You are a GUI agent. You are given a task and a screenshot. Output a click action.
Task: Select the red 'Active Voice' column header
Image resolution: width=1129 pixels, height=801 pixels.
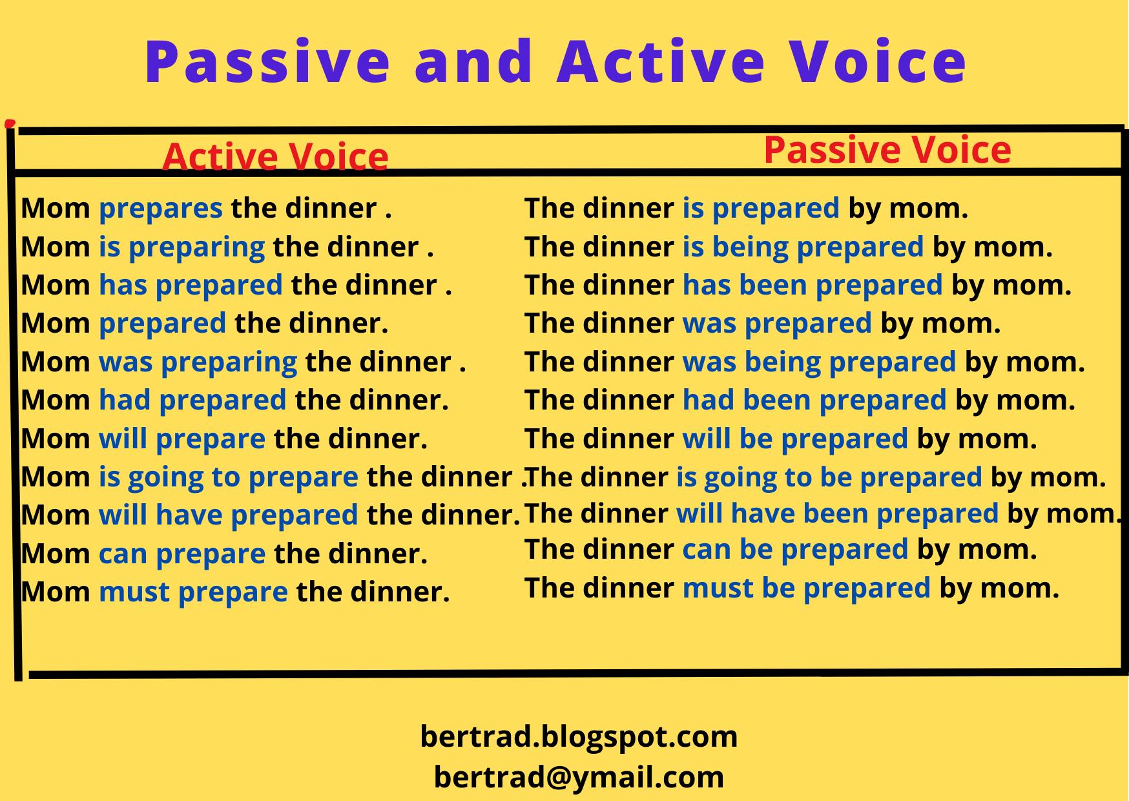pos(276,156)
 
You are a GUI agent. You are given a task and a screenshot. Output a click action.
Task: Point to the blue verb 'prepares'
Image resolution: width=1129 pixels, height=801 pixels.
pos(161,209)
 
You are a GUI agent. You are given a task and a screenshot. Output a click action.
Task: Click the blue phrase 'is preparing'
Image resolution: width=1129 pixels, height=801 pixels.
pos(182,247)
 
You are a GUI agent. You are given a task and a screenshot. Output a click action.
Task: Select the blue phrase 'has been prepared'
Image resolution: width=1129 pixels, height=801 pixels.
pos(813,285)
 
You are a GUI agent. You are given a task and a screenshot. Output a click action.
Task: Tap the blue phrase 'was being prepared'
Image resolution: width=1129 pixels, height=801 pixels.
pos(819,362)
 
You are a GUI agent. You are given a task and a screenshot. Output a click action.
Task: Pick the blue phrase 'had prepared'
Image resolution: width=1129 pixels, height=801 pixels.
pos(192,400)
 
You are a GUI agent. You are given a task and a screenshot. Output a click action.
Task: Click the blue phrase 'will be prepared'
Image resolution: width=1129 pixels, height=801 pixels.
pos(795,439)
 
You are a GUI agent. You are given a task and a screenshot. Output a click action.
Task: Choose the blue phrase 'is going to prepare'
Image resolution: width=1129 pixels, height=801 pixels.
pos(229,477)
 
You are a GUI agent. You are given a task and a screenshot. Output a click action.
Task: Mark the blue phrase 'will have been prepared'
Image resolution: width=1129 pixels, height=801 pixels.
pos(838,514)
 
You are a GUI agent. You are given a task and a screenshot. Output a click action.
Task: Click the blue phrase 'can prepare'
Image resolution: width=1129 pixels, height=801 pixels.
pos(182,554)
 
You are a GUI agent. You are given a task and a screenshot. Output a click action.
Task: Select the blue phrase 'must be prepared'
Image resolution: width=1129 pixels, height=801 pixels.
pos(807,588)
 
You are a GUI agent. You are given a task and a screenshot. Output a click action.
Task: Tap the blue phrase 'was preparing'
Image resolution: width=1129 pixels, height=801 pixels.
pos(198,362)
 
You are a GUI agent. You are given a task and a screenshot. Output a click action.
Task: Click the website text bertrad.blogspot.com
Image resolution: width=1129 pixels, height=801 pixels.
pos(579,736)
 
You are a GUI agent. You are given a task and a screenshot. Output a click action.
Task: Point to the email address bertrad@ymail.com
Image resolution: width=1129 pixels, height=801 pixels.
pos(579,776)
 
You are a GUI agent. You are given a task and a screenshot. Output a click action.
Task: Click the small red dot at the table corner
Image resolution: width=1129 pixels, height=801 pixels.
pos(9,123)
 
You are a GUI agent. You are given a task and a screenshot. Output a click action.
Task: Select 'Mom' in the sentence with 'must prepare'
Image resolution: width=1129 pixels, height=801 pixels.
pos(56,592)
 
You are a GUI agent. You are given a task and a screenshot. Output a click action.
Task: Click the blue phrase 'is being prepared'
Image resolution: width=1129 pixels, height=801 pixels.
pos(803,247)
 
